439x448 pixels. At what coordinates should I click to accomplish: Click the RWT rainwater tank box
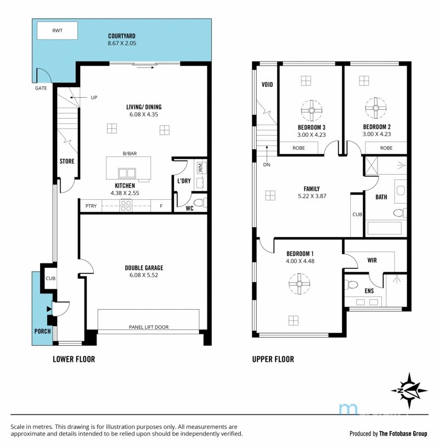coord(57,31)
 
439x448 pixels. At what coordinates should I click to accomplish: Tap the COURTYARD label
coord(122,36)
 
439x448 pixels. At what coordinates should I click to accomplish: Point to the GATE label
coord(41,88)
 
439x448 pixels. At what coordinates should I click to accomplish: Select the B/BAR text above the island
coord(130,153)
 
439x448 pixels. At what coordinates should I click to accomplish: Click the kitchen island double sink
coord(127,173)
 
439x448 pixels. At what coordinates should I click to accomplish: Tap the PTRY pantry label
coord(91,206)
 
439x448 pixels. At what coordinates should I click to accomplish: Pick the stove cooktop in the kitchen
coord(126,206)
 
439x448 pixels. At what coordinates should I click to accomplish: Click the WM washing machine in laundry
coord(200,167)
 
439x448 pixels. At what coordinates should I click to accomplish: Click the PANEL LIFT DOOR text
coord(149,327)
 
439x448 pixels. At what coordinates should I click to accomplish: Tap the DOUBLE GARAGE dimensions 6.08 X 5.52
coord(144,275)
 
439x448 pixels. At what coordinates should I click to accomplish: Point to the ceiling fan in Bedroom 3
coord(312,110)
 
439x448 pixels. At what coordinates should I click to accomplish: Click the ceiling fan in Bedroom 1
coord(299,284)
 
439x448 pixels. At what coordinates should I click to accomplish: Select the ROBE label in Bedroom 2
coord(386,148)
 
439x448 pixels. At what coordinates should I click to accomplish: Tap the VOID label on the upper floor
coord(267,85)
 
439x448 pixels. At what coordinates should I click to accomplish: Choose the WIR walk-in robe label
coord(372,260)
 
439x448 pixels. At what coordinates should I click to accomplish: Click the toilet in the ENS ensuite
coord(351,284)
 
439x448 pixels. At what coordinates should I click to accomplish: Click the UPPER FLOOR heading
coord(273,359)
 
